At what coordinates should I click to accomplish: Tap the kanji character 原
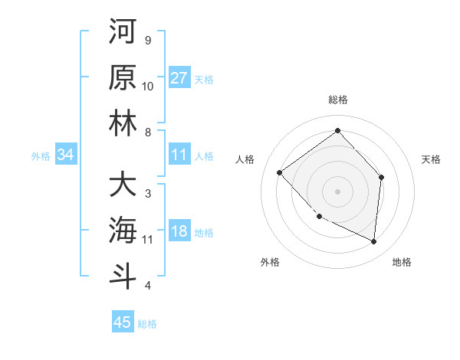point(123,78)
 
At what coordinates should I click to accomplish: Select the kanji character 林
point(123,124)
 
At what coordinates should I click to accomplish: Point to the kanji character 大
point(123,185)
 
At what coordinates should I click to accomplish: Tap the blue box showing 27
point(179,78)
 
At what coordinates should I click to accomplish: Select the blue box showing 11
point(179,155)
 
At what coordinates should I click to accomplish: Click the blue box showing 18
point(179,232)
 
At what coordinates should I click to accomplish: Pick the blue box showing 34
point(66,155)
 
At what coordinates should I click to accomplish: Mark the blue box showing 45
point(123,322)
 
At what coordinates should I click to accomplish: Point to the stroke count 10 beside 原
point(148,86)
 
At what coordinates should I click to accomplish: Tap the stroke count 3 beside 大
point(147,193)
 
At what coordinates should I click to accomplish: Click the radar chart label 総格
point(337,100)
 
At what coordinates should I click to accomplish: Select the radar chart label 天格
point(432,159)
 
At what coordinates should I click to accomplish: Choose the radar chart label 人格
point(245,159)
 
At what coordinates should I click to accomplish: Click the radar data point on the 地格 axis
point(373,241)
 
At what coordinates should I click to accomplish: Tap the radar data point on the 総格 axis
point(337,131)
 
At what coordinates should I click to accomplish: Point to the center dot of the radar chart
point(337,191)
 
